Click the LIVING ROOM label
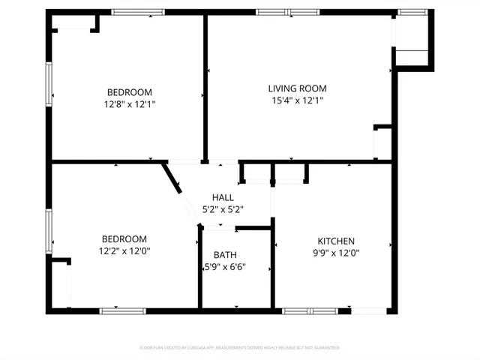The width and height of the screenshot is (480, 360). pyautogui.click(x=298, y=88)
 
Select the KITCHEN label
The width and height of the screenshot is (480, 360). pyautogui.click(x=336, y=241)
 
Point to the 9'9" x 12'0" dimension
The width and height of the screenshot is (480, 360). pyautogui.click(x=336, y=253)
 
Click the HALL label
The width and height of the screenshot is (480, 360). pyautogui.click(x=223, y=197)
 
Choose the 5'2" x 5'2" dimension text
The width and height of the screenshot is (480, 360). pyautogui.click(x=223, y=209)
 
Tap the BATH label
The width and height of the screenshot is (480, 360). pyautogui.click(x=225, y=255)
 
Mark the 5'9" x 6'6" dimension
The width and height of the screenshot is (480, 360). pyautogui.click(x=225, y=267)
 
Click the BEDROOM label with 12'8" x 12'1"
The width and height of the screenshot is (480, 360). pyautogui.click(x=130, y=92)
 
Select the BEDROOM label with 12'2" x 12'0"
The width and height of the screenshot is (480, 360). pyautogui.click(x=125, y=239)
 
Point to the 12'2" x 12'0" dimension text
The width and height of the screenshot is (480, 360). pyautogui.click(x=125, y=251)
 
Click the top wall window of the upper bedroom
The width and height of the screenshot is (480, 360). pyautogui.click(x=138, y=12)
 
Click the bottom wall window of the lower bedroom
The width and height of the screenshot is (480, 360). pyautogui.click(x=123, y=310)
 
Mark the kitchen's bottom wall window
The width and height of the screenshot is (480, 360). pyautogui.click(x=310, y=310)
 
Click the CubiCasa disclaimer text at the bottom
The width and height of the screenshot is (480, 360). pyautogui.click(x=240, y=348)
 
